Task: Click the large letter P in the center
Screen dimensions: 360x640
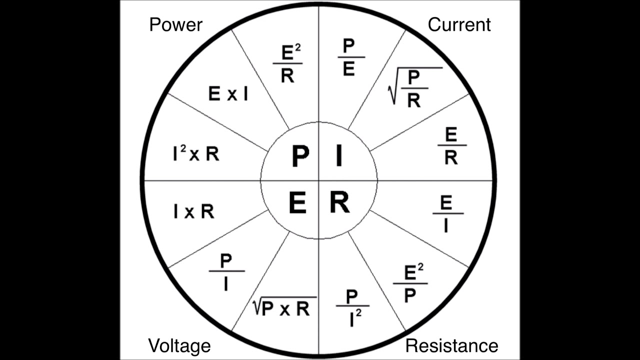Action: pyautogui.click(x=300, y=156)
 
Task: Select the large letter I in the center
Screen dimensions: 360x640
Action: pyautogui.click(x=339, y=156)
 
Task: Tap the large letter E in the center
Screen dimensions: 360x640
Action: pyautogui.click(x=298, y=203)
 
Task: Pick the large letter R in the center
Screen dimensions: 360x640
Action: pyautogui.click(x=339, y=203)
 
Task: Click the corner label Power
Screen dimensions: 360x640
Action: pyautogui.click(x=175, y=24)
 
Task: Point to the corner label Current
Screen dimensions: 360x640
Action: pyautogui.click(x=459, y=24)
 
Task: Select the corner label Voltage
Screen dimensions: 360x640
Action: pyautogui.click(x=179, y=345)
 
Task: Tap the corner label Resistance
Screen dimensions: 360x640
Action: pyautogui.click(x=451, y=345)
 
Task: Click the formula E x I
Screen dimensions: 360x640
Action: pyautogui.click(x=228, y=94)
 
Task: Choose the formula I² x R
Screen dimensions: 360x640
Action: pyautogui.click(x=196, y=154)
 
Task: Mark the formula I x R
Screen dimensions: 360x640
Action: pyautogui.click(x=194, y=212)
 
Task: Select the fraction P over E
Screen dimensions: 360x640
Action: pyautogui.click(x=349, y=57)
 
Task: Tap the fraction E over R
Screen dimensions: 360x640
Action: pyautogui.click(x=451, y=146)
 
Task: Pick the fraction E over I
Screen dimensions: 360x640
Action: pyautogui.click(x=446, y=214)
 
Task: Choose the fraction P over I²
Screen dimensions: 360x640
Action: pyautogui.click(x=352, y=307)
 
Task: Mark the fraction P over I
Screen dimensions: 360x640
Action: pyautogui.click(x=226, y=271)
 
